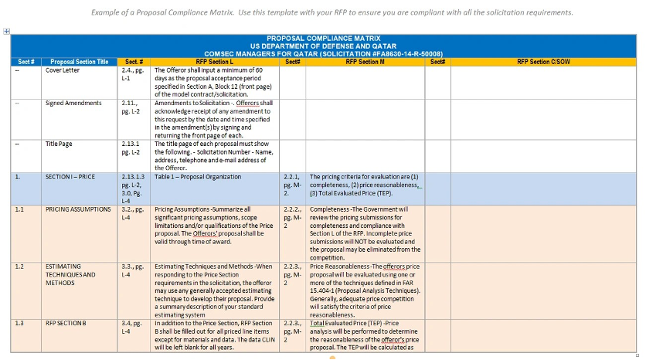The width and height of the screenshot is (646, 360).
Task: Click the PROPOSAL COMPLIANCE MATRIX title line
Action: coord(324,38)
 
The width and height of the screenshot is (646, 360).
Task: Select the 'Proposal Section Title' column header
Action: coord(80,62)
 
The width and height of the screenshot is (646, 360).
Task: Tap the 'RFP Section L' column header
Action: coord(214,62)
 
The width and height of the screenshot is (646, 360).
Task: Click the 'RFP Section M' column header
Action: coord(366,62)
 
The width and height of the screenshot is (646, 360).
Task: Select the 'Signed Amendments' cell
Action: coord(73,103)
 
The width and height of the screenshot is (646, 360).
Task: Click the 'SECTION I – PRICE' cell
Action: coord(70,177)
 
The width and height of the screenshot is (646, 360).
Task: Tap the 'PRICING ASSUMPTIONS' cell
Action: coord(80,209)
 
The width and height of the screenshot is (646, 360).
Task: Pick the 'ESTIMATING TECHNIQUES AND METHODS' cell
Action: coord(71,274)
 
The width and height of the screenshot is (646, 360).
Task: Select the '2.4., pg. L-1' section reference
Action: coord(132,74)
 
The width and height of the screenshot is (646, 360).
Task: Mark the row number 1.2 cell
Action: coord(19,266)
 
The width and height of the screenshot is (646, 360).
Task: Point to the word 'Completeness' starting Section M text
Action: coord(329,209)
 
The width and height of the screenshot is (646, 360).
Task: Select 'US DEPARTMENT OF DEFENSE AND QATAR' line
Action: coord(324,46)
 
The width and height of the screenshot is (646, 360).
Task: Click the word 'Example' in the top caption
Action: coord(108,12)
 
